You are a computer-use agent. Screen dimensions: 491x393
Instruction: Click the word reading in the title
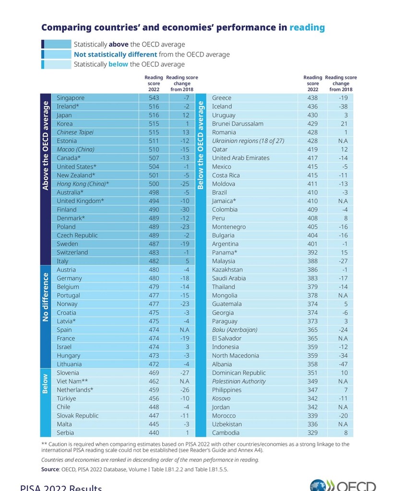tap(307, 28)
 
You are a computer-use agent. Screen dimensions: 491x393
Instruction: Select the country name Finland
tap(67, 210)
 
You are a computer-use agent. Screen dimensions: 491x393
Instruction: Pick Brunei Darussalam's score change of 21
tap(344, 124)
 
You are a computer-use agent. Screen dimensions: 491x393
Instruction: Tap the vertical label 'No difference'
tap(46, 297)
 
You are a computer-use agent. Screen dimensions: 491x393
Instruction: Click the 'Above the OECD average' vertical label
tap(46, 145)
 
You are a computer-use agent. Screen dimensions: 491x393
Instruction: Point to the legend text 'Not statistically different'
tap(115, 55)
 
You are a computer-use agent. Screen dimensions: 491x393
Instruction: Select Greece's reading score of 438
tap(313, 98)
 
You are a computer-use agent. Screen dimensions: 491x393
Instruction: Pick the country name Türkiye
tap(66, 398)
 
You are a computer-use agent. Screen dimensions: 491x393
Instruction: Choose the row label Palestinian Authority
tap(239, 381)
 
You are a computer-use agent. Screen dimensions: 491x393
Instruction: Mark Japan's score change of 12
tap(185, 115)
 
